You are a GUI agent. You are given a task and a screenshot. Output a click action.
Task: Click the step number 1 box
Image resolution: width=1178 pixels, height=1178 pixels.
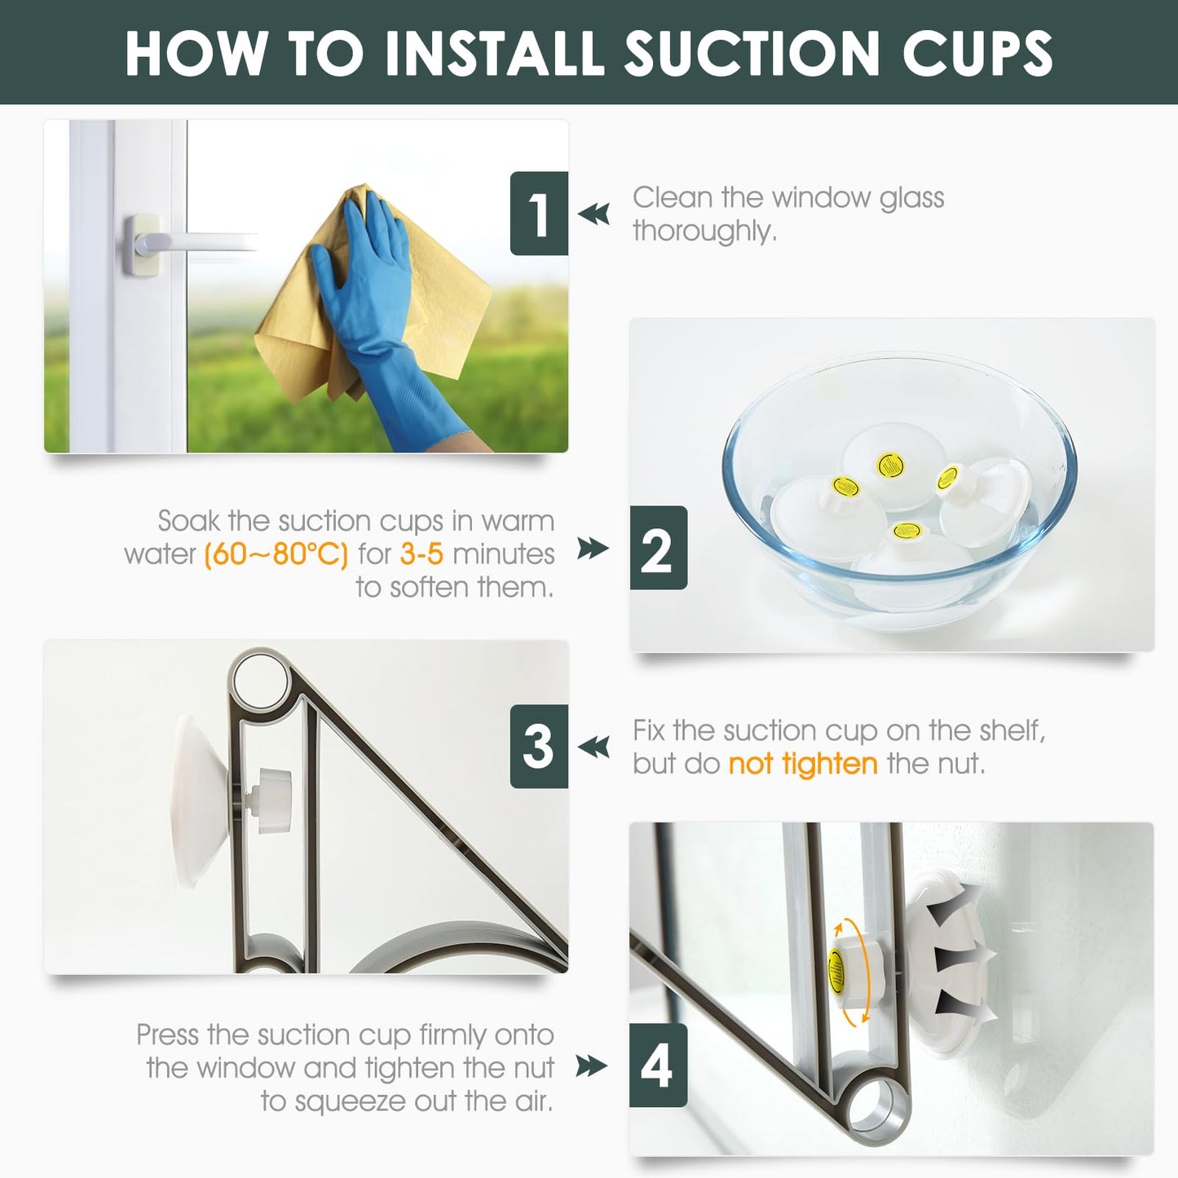pyautogui.click(x=539, y=214)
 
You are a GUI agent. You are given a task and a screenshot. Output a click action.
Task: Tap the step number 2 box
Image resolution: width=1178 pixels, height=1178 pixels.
pyautogui.click(x=658, y=548)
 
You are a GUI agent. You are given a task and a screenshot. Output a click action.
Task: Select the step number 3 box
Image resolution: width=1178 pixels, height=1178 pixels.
pyautogui.click(x=539, y=746)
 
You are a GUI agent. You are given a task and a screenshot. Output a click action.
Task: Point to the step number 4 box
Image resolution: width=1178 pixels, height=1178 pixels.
pyautogui.click(x=658, y=1065)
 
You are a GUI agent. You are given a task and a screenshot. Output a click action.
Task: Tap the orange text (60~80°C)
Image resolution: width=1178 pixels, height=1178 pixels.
pyautogui.click(x=276, y=554)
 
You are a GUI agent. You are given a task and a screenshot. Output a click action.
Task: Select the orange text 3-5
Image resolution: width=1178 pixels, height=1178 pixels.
pyautogui.click(x=421, y=554)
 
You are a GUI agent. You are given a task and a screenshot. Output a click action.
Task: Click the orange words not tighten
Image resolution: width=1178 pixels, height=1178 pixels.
pyautogui.click(x=802, y=764)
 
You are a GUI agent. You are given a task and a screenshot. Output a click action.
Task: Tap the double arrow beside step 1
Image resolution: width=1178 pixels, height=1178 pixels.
pyautogui.click(x=593, y=214)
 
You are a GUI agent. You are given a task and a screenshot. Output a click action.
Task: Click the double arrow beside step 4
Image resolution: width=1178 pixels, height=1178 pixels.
pyautogui.click(x=592, y=1065)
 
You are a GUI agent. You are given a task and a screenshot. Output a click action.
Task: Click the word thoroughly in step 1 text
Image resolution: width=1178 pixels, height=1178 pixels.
pyautogui.click(x=704, y=232)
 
